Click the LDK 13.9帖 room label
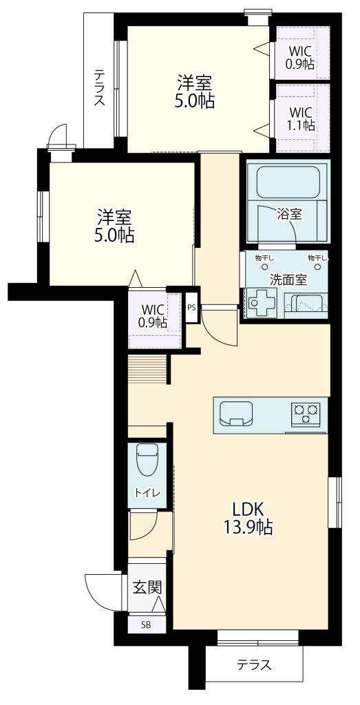(x=248, y=517)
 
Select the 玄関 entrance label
(x=147, y=587)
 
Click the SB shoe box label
(x=146, y=624)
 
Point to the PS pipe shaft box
(x=191, y=308)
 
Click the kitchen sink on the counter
(x=236, y=413)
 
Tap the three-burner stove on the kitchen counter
(x=306, y=414)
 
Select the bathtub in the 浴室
(x=288, y=182)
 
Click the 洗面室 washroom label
(x=288, y=280)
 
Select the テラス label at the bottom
(x=255, y=664)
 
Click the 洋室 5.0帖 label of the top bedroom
(x=194, y=92)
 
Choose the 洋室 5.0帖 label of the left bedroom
(x=114, y=226)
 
